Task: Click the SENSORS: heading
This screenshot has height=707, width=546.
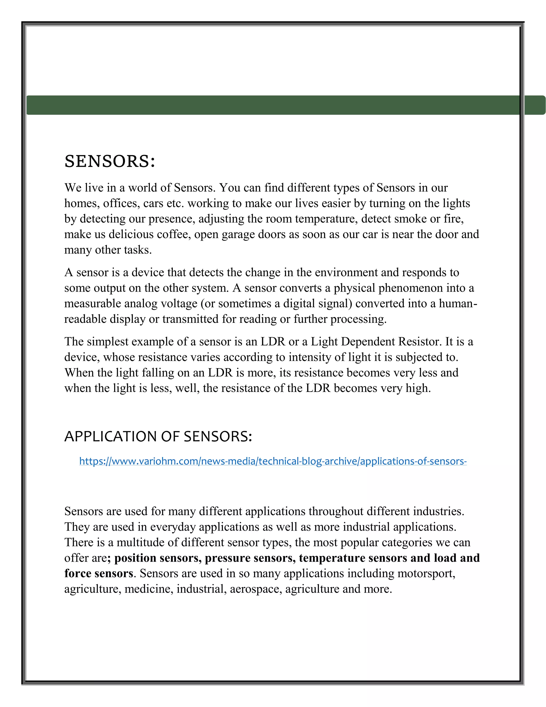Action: [x=110, y=161]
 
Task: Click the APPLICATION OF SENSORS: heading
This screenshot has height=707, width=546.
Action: [x=158, y=436]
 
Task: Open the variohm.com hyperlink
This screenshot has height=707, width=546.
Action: [x=273, y=461]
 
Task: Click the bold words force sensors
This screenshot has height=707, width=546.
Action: [x=99, y=574]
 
